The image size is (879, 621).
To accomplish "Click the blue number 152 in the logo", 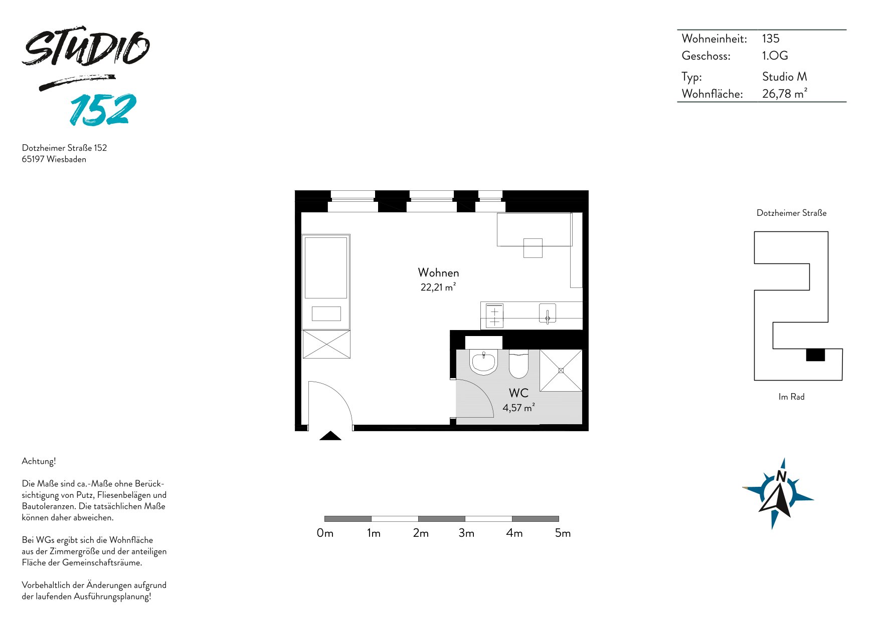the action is (x=103, y=109).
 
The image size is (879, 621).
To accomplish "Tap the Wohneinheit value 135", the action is (x=771, y=39).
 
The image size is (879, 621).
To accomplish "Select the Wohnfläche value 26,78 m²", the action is (x=785, y=93).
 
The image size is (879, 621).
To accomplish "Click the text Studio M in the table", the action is (x=785, y=77).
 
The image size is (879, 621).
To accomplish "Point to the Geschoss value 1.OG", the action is (x=775, y=56).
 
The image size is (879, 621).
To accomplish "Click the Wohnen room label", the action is (x=439, y=272).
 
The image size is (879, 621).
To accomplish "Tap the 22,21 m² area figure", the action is (x=438, y=287).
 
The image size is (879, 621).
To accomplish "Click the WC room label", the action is (x=518, y=393).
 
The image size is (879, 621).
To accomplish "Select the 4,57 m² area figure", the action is (x=518, y=408).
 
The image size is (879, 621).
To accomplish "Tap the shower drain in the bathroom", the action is (x=561, y=371).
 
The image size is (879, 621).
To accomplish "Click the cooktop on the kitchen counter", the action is (x=494, y=316).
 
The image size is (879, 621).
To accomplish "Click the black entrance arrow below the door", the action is (x=330, y=436).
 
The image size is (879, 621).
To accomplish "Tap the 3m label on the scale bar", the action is (x=466, y=533).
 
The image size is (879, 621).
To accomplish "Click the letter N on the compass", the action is (x=781, y=476).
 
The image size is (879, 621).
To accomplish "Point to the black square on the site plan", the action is (x=815, y=355).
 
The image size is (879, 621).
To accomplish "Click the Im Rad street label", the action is (x=791, y=397).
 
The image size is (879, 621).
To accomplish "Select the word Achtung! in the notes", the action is (x=39, y=461).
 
